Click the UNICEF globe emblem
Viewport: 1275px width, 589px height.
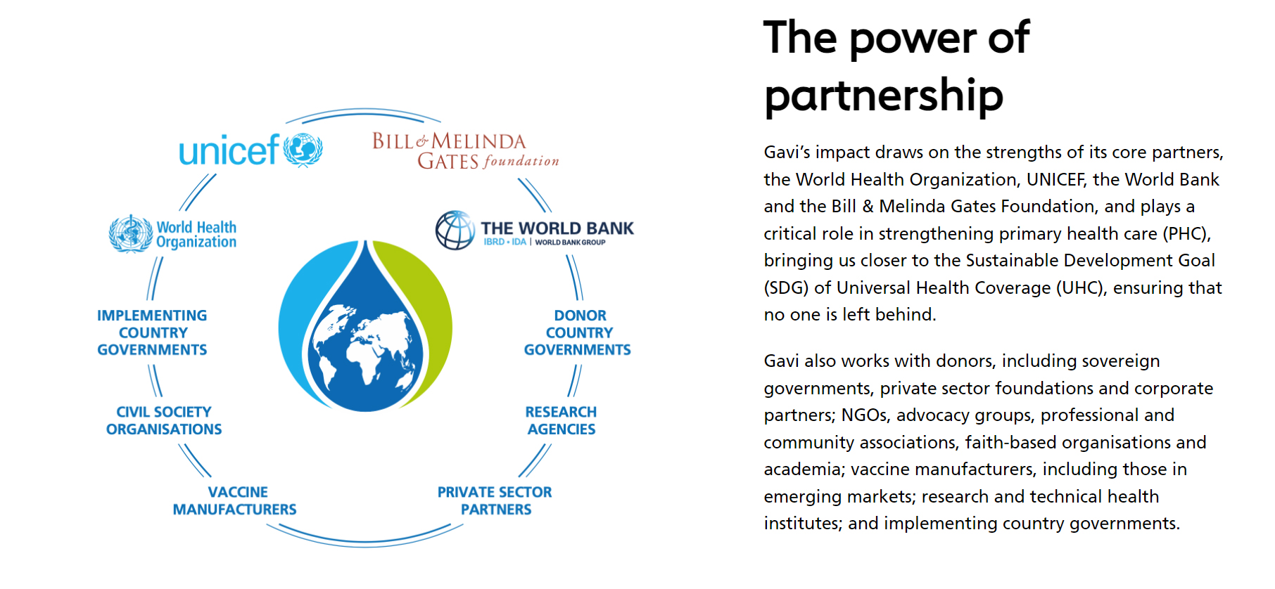coord(303,150)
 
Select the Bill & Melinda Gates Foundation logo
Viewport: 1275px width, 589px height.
coord(466,151)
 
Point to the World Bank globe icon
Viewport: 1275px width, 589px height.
coord(455,230)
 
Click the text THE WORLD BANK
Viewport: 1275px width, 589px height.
coord(557,228)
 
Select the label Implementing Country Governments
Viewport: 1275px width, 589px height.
coord(152,332)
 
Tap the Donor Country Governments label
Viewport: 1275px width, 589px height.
coord(578,332)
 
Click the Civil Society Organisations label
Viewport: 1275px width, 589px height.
coord(164,420)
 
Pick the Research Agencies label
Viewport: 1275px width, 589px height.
coord(562,420)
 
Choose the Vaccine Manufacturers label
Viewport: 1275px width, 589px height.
coord(235,500)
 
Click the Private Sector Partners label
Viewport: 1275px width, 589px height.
coord(495,500)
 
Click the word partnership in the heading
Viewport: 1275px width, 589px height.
coord(884,95)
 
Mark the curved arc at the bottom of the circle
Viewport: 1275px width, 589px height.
coord(365,543)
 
